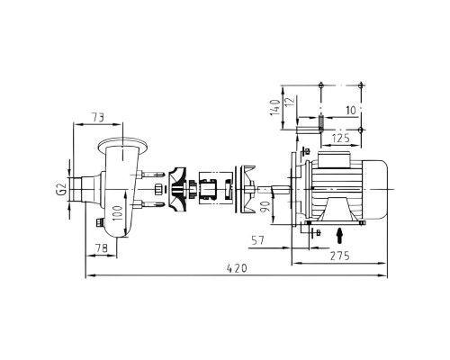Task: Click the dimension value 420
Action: point(237,268)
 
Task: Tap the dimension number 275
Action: point(340,256)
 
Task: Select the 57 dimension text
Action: point(257,240)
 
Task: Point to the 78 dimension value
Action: point(102,248)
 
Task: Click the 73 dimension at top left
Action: point(98,117)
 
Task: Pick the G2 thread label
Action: point(61,189)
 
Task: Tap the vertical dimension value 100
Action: point(119,213)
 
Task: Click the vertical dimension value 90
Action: point(265,206)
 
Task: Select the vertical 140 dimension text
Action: point(275,108)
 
